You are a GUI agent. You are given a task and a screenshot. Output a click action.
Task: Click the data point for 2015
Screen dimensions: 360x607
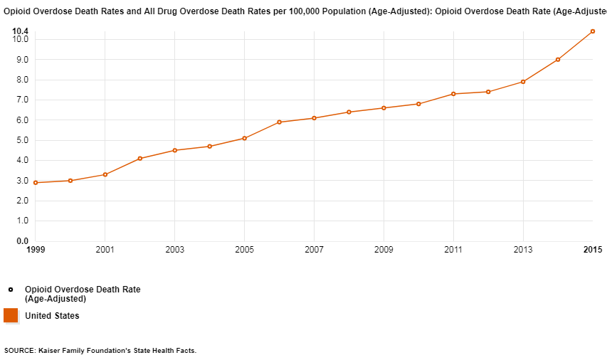tap(592, 31)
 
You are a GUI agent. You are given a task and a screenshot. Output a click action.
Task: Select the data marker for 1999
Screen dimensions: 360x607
tap(35, 183)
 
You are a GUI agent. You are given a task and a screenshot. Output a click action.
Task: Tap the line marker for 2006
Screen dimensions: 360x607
tap(279, 122)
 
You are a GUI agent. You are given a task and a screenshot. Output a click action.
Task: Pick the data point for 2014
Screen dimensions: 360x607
tap(558, 60)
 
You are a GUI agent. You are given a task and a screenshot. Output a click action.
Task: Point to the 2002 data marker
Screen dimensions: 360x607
tap(139, 159)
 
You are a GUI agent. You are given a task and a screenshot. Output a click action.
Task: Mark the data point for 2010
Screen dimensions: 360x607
tap(418, 104)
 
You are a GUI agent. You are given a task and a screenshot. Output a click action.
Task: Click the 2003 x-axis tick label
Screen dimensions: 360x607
tap(174, 250)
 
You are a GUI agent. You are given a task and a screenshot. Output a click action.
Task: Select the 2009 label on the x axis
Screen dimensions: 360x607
tap(384, 250)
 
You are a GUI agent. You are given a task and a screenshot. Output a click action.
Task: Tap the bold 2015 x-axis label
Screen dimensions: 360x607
tap(593, 250)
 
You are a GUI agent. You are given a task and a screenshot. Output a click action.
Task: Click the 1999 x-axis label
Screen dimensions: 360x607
tap(35, 250)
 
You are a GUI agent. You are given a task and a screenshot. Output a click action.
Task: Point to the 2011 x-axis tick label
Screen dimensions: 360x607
tap(453, 250)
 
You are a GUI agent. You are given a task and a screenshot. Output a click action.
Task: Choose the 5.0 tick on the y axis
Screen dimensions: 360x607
tap(21, 140)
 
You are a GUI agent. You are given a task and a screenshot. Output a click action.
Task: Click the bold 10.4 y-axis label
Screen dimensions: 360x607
tap(21, 31)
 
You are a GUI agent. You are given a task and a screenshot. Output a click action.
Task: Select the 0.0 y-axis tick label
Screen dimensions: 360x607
tap(21, 241)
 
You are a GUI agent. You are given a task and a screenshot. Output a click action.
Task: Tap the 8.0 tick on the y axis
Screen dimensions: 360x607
tap(21, 80)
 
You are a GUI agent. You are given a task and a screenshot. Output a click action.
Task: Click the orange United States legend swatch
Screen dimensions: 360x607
tap(11, 315)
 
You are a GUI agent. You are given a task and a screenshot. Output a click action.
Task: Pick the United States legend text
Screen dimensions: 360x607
tap(52, 316)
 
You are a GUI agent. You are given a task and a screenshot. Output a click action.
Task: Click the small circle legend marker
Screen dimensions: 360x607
tap(11, 290)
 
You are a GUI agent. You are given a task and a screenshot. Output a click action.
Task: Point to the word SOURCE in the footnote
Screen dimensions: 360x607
tap(20, 351)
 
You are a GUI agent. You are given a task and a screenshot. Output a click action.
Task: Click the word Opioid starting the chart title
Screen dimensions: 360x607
tap(17, 12)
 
